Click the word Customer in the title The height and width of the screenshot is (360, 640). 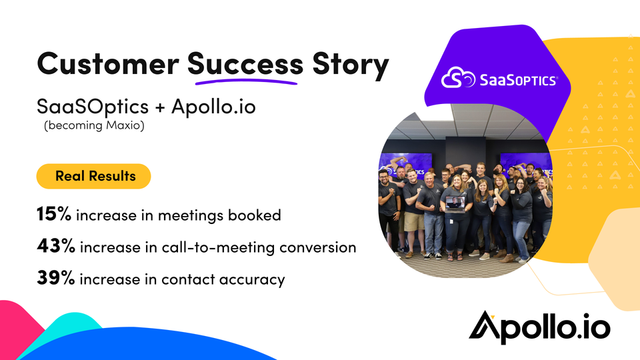point(108,64)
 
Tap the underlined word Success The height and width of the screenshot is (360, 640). point(245,64)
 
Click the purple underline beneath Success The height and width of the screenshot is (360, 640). point(246,81)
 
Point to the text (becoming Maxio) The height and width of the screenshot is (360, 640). point(94,125)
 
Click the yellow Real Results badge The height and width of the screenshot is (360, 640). point(93,176)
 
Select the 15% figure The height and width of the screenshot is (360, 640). point(54,214)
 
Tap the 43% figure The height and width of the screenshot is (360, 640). point(56,246)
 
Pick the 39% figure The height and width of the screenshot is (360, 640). point(56,277)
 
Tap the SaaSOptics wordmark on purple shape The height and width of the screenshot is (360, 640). point(518,80)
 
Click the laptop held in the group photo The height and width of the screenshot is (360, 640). point(455,204)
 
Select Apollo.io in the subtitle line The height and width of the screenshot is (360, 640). point(213,107)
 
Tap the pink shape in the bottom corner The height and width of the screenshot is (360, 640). point(19,327)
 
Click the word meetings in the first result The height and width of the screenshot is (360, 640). point(191,216)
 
